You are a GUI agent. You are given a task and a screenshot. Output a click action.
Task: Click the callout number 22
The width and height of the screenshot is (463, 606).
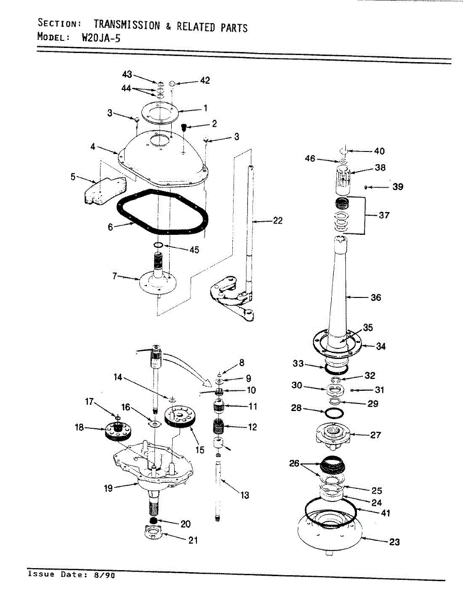(277, 221)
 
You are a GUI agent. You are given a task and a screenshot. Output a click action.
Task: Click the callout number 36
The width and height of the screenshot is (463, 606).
(376, 297)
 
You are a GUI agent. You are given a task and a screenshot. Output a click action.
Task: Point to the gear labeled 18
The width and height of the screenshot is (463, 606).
(117, 433)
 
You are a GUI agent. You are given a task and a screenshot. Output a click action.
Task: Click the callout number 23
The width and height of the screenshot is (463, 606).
(394, 542)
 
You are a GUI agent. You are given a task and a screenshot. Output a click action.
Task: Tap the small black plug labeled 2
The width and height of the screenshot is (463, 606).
(184, 126)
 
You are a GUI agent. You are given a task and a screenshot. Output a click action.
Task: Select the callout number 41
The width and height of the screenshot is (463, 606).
(385, 513)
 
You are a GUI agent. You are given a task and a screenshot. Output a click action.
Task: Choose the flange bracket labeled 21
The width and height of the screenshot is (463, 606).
(152, 534)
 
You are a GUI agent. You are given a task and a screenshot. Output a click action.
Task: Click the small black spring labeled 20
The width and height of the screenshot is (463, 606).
(153, 521)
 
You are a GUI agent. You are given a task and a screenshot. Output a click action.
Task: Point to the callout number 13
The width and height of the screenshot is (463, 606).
(245, 495)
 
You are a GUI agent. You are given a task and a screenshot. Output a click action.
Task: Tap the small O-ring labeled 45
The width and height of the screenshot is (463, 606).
(158, 245)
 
